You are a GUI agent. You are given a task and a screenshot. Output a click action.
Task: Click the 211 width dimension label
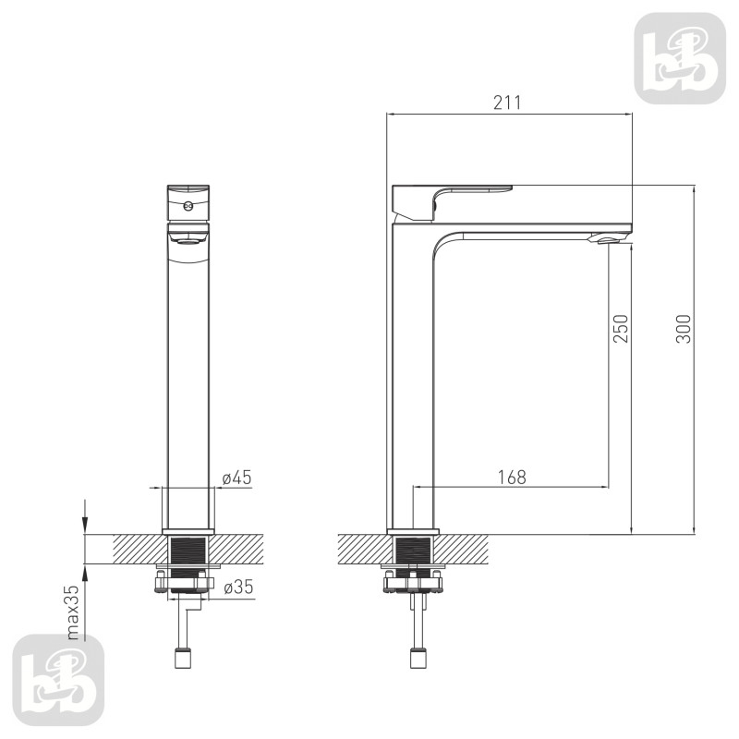click(x=507, y=103)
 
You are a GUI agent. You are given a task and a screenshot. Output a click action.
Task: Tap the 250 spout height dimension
click(x=621, y=329)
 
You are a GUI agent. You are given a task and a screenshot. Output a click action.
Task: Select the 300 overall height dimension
click(x=683, y=329)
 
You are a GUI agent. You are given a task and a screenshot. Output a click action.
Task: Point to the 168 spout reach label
click(x=512, y=477)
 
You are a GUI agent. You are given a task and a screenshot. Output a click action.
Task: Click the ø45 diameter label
click(x=237, y=478)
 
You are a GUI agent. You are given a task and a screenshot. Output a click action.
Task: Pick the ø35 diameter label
click(x=238, y=588)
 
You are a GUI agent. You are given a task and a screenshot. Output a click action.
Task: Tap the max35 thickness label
click(x=73, y=612)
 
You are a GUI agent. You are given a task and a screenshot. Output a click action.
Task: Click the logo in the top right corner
click(x=680, y=58)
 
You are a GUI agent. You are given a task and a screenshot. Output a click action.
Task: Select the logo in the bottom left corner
click(x=58, y=680)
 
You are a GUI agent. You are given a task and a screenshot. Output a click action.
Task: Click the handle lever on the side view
click(x=453, y=202)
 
